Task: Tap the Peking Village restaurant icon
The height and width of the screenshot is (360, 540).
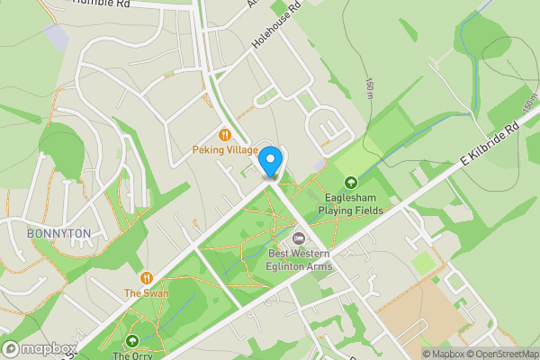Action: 225,135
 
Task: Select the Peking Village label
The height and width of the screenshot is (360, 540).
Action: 225,150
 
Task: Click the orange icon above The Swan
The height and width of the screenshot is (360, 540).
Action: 147,278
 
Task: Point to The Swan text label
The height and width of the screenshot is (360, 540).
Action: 147,293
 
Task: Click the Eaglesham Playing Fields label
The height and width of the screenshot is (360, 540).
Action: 350,204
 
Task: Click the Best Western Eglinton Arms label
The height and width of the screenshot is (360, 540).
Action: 298,259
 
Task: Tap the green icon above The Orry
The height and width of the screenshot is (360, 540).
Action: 133,341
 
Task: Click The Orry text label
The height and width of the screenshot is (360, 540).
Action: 133,355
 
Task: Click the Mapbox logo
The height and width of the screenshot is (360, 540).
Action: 36,349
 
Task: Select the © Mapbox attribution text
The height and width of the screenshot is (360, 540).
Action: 445,354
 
